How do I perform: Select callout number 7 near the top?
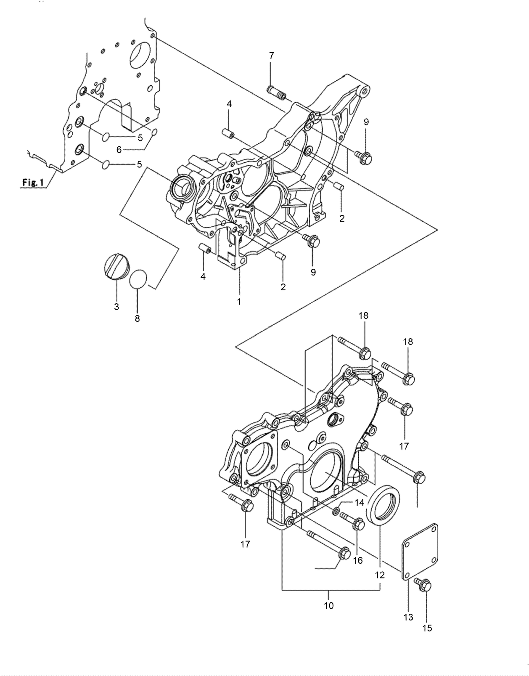(x=271, y=56)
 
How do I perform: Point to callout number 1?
(x=239, y=302)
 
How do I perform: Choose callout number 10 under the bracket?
(x=328, y=605)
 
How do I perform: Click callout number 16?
(x=357, y=560)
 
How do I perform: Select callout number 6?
(x=119, y=149)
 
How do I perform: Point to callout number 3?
(x=116, y=307)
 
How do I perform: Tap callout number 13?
(x=408, y=617)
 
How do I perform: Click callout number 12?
(x=379, y=575)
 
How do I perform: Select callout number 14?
(x=359, y=502)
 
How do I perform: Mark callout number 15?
(x=427, y=628)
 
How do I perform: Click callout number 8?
(x=137, y=318)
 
